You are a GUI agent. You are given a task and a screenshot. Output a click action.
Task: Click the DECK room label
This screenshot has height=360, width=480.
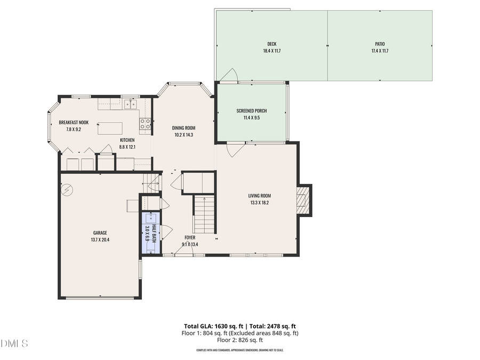coord(271,44)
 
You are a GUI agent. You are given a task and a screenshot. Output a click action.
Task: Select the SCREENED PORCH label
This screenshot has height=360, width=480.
coord(251,111)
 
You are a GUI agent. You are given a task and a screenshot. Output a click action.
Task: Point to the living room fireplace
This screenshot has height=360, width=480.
coord(303,200)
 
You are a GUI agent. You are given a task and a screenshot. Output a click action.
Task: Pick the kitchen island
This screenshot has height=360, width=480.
coord(109,128)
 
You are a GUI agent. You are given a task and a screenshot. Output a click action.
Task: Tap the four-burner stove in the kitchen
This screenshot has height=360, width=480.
coord(145,124)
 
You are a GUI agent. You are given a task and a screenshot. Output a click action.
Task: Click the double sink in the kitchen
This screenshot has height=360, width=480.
coord(131,104)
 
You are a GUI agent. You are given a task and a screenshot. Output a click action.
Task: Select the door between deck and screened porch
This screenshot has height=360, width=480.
coord(228,76)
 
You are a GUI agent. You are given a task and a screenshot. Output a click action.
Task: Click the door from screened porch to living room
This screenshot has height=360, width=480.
coord(233,150)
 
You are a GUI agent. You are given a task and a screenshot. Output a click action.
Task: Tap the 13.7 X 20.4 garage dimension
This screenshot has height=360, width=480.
coord(100,240)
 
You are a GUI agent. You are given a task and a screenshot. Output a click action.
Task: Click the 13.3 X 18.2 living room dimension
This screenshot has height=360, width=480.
coord(259,203)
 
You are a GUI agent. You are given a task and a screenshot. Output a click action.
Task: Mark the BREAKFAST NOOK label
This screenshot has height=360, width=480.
coord(74,122)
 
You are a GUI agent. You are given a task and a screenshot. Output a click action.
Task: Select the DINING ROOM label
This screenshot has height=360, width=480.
coord(183,127)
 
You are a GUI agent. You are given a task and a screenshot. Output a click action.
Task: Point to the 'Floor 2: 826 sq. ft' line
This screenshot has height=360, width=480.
coord(240,340)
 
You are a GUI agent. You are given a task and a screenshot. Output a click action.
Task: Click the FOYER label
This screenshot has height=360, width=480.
coord(190,237)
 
